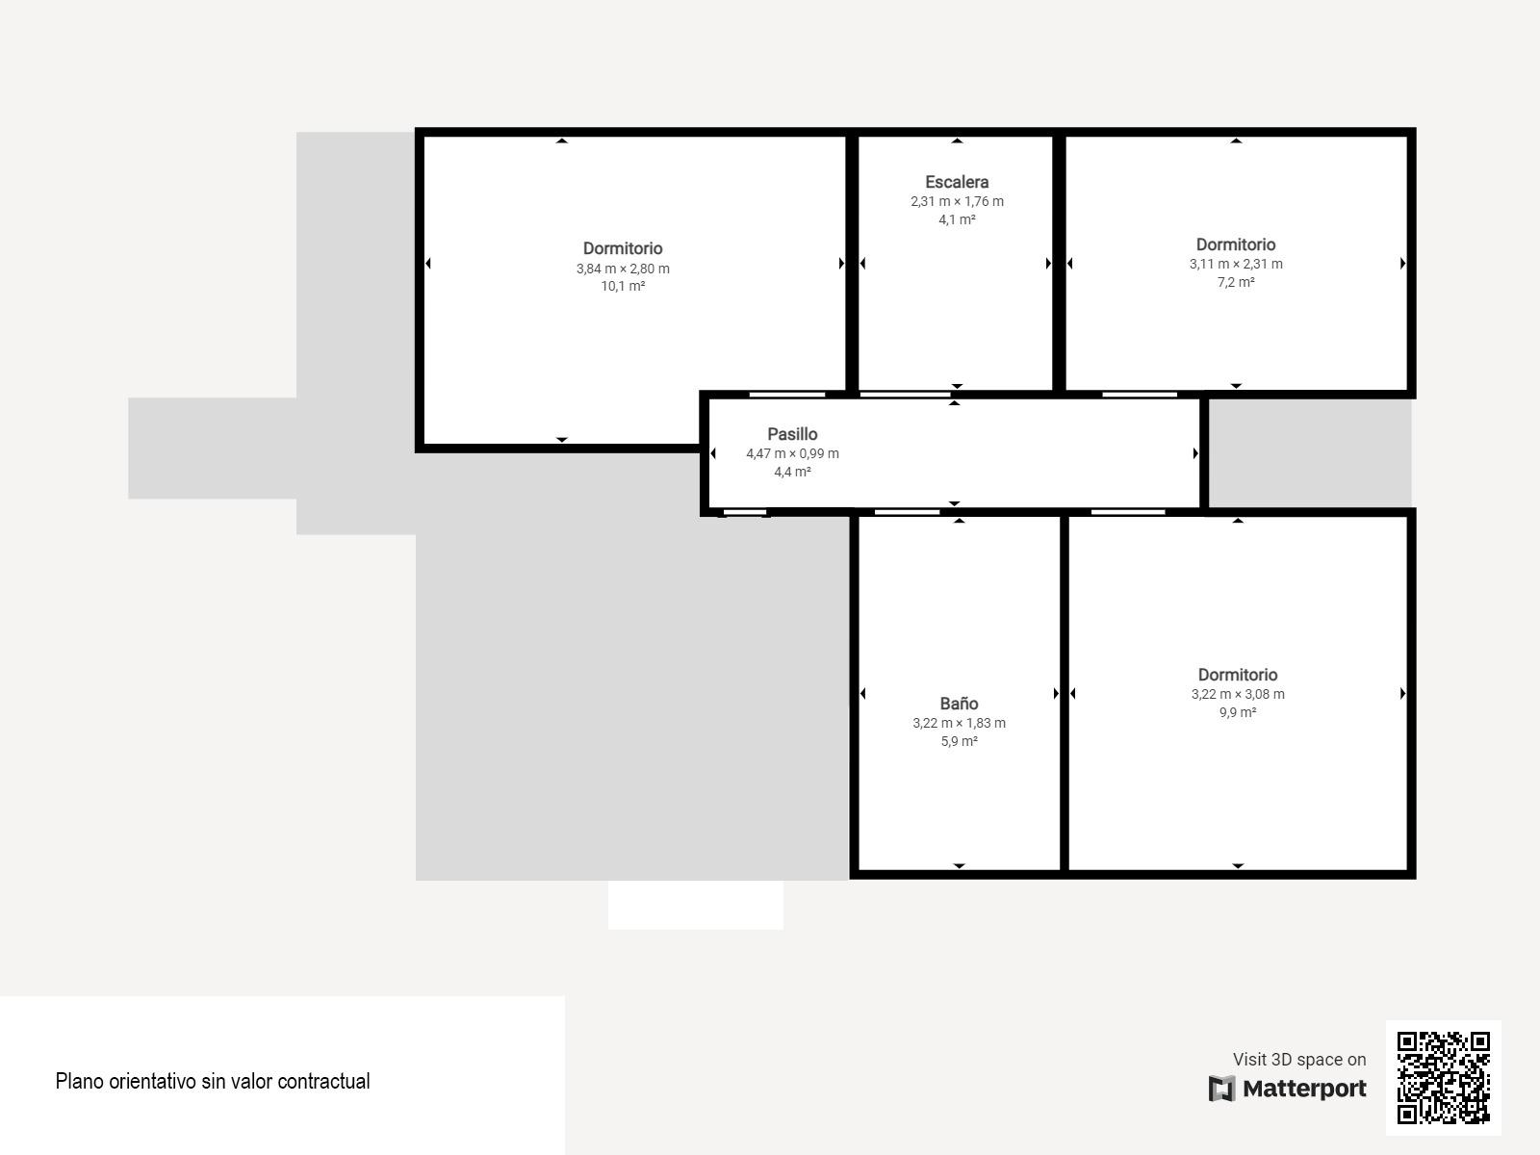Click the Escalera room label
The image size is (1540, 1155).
pyautogui.click(x=957, y=182)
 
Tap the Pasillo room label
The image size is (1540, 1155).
pyautogui.click(x=792, y=434)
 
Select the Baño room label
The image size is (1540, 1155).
pyautogui.click(x=959, y=704)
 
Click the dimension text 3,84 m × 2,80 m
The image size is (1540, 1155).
pyautogui.click(x=623, y=269)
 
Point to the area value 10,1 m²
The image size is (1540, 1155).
pyautogui.click(x=623, y=286)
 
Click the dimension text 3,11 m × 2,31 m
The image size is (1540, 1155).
pyautogui.click(x=1236, y=265)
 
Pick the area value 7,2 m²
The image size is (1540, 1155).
pyautogui.click(x=1236, y=282)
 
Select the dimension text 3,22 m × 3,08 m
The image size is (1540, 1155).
pyautogui.click(x=1238, y=694)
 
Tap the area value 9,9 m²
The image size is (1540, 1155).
pyautogui.click(x=1238, y=712)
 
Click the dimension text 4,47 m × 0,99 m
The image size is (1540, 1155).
pyautogui.click(x=792, y=453)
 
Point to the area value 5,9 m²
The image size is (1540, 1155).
pyautogui.click(x=959, y=741)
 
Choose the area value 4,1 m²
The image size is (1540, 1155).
pyautogui.click(x=957, y=219)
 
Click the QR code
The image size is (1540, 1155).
pyautogui.click(x=1443, y=1077)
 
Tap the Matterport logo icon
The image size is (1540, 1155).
pyautogui.click(x=1221, y=1089)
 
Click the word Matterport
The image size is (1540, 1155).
pyautogui.click(x=1304, y=1089)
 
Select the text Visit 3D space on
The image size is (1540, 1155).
pyautogui.click(x=1299, y=1059)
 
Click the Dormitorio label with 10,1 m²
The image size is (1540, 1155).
pyautogui.click(x=623, y=248)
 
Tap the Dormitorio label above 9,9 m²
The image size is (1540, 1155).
pyautogui.click(x=1238, y=675)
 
